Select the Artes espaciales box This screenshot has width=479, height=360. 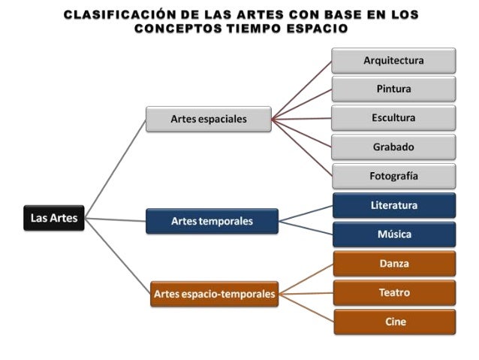[208, 119]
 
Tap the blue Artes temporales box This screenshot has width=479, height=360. [212, 221]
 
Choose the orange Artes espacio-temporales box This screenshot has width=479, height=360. [214, 294]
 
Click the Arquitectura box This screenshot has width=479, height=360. [393, 60]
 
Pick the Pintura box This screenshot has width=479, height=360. [393, 89]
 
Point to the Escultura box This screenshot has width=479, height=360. [393, 118]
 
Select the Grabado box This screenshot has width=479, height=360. [393, 147]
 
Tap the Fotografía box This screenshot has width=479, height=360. [393, 176]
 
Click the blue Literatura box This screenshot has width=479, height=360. [393, 205]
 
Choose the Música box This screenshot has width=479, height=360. [393, 234]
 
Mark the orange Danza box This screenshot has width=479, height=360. [393, 264]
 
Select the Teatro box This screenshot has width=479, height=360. [393, 292]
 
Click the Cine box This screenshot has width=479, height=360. [393, 322]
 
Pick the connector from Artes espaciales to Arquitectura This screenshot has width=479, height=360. [301, 89]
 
